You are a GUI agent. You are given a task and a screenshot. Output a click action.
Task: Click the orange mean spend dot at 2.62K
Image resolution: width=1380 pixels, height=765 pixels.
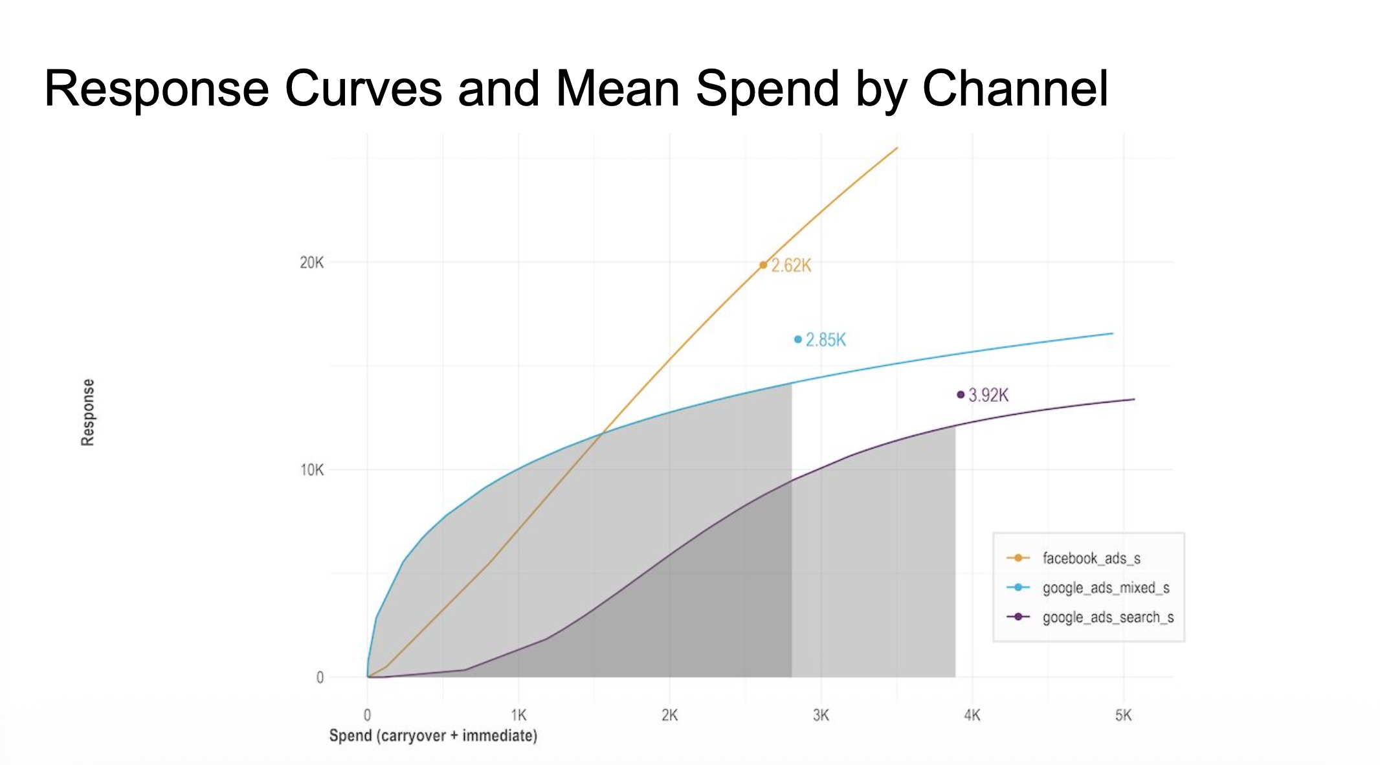click(x=763, y=265)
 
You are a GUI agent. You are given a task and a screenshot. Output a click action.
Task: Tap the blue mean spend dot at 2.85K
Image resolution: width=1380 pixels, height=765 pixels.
click(x=798, y=339)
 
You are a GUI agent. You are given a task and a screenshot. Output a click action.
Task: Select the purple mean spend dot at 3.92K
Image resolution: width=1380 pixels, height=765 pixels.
click(x=961, y=394)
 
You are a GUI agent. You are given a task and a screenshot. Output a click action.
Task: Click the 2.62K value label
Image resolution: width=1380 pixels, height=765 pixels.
click(x=791, y=265)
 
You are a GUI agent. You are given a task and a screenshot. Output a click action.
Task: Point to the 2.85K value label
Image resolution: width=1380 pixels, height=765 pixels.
click(x=826, y=340)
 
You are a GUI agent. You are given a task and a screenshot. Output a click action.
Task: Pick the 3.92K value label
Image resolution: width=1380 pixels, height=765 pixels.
click(x=988, y=395)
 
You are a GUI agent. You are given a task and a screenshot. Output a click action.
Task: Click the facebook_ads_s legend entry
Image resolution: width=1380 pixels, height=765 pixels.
click(x=1091, y=558)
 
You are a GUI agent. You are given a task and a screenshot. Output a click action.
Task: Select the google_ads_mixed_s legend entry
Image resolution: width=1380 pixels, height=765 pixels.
click(x=1106, y=588)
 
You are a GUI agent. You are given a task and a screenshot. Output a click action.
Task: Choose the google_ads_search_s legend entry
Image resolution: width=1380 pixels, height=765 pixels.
click(x=1107, y=617)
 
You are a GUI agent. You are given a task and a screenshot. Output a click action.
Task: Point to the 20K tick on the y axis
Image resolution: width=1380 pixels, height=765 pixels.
click(x=311, y=263)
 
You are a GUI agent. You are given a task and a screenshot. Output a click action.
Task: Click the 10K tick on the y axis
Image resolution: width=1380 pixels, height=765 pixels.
click(x=311, y=470)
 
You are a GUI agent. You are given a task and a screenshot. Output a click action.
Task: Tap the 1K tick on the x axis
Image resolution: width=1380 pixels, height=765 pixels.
click(x=518, y=715)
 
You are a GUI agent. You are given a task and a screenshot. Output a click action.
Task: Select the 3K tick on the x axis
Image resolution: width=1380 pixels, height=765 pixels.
click(x=821, y=715)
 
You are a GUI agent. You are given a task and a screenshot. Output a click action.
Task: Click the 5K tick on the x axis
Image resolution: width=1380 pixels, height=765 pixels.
click(x=1123, y=715)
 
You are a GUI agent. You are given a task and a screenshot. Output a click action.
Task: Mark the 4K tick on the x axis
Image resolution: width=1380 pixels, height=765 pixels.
click(x=972, y=715)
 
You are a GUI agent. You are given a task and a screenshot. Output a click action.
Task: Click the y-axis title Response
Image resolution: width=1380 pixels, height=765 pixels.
click(x=87, y=412)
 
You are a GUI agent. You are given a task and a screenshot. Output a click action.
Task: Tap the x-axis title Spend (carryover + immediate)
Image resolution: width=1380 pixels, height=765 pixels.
click(x=433, y=736)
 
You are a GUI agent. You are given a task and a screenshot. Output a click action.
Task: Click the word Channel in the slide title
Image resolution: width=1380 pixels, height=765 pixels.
click(x=1015, y=89)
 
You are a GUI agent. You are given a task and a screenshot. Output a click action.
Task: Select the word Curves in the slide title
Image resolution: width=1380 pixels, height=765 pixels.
click(x=363, y=89)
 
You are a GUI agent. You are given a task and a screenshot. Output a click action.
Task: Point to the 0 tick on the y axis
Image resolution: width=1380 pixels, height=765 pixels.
click(x=320, y=678)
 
